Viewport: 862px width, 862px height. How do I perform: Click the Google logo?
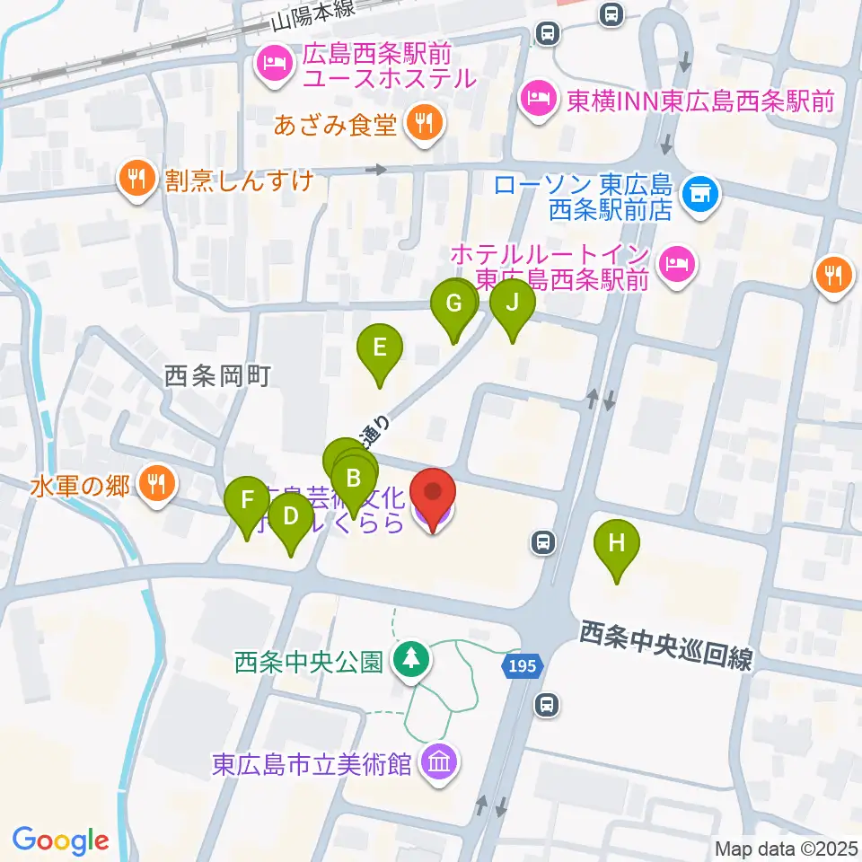[60, 840]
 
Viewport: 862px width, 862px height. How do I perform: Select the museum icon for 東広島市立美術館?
[440, 764]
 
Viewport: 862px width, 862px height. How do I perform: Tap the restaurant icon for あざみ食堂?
[424, 126]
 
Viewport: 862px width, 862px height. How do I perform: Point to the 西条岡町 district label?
[218, 378]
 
